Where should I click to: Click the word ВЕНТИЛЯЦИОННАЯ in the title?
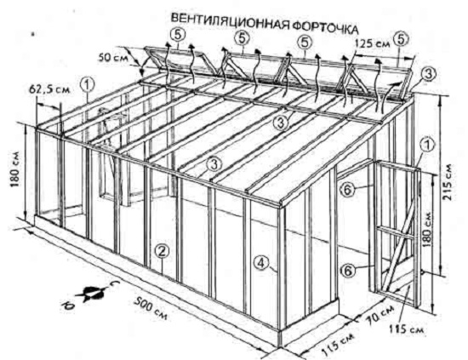click(x=230, y=21)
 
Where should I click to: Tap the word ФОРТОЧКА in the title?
click(x=325, y=27)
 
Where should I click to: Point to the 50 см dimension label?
click(x=112, y=57)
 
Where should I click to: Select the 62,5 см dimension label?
click(x=50, y=89)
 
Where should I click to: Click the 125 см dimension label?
click(x=373, y=44)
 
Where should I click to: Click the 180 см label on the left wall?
click(x=15, y=169)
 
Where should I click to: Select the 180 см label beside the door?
click(x=428, y=229)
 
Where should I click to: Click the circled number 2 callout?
click(x=162, y=251)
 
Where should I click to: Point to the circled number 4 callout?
click(x=261, y=264)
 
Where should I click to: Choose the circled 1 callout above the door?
click(x=427, y=146)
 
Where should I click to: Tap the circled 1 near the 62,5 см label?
click(x=88, y=85)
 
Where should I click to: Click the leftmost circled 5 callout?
click(x=178, y=35)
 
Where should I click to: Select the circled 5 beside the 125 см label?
click(x=401, y=39)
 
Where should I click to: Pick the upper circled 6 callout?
click(x=348, y=190)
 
